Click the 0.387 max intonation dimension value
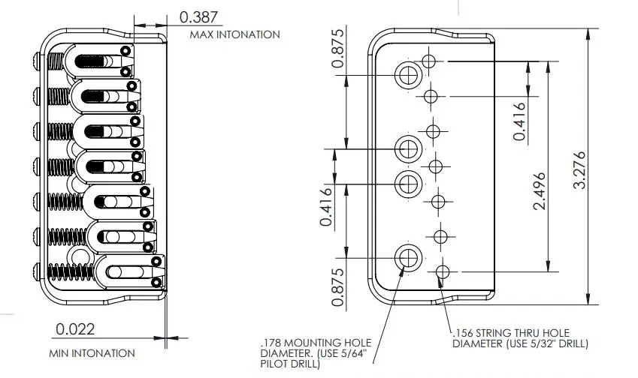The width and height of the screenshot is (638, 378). [198, 17]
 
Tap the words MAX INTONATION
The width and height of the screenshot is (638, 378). [234, 34]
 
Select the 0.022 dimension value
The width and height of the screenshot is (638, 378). [75, 328]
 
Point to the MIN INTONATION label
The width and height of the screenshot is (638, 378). [92, 353]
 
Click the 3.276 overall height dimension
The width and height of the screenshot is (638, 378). [579, 169]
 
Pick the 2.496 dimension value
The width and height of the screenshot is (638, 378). [539, 190]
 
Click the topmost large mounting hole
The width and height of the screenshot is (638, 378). [408, 75]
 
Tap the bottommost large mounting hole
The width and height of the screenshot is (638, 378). [408, 257]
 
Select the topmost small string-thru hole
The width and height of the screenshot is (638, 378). [428, 61]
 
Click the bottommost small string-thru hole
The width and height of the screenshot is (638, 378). [443, 271]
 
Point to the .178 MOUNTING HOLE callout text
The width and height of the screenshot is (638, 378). [316, 353]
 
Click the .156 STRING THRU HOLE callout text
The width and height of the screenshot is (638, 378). [521, 338]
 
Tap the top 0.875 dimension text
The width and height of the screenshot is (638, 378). [337, 48]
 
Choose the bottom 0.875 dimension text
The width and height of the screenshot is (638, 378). [337, 287]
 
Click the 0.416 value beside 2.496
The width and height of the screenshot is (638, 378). [519, 121]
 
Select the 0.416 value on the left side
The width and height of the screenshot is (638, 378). [326, 207]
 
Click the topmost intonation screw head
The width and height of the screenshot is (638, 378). [36, 61]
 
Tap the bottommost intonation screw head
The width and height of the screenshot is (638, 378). [36, 271]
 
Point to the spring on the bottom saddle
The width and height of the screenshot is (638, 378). [71, 271]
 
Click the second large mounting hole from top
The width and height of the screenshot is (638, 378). [408, 149]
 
